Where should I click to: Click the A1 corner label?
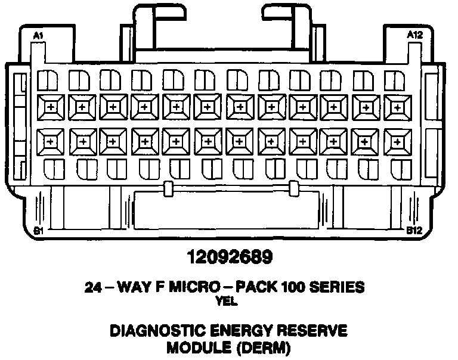(x=39, y=36)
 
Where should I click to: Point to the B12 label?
(x=414, y=229)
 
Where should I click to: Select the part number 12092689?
(x=230, y=257)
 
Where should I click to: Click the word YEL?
(x=230, y=302)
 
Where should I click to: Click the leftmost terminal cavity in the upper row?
(x=50, y=108)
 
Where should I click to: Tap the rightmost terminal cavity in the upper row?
(x=396, y=108)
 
